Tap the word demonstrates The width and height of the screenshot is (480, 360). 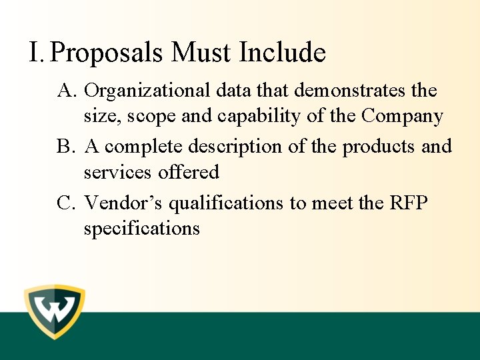pyautogui.click(x=351, y=89)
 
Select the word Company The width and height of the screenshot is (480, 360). pyautogui.click(x=402, y=117)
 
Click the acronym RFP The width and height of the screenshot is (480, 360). pyautogui.click(x=408, y=203)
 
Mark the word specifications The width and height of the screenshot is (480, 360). pyautogui.click(x=141, y=229)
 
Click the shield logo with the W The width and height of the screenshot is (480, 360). pyautogui.click(x=55, y=312)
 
